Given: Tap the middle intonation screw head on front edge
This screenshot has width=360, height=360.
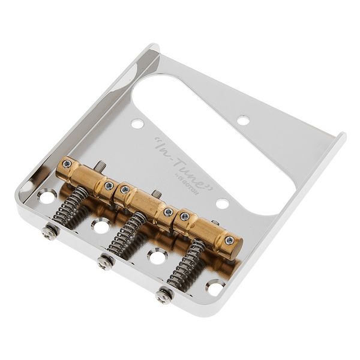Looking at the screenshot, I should tap(106, 263).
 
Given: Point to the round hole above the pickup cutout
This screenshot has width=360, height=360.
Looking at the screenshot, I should tap(243, 120).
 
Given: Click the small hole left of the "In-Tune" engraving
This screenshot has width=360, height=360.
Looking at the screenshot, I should tap(138, 124).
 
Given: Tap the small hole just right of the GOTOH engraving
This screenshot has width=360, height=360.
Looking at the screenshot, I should tap(222, 203).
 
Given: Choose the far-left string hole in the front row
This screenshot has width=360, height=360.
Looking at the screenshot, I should tap(46, 196).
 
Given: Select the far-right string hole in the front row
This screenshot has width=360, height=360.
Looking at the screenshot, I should tap(214, 286).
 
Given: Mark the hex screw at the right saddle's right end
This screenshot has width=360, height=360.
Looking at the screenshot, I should tap(230, 240).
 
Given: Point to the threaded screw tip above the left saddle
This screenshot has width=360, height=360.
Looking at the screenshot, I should tap(102, 164).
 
